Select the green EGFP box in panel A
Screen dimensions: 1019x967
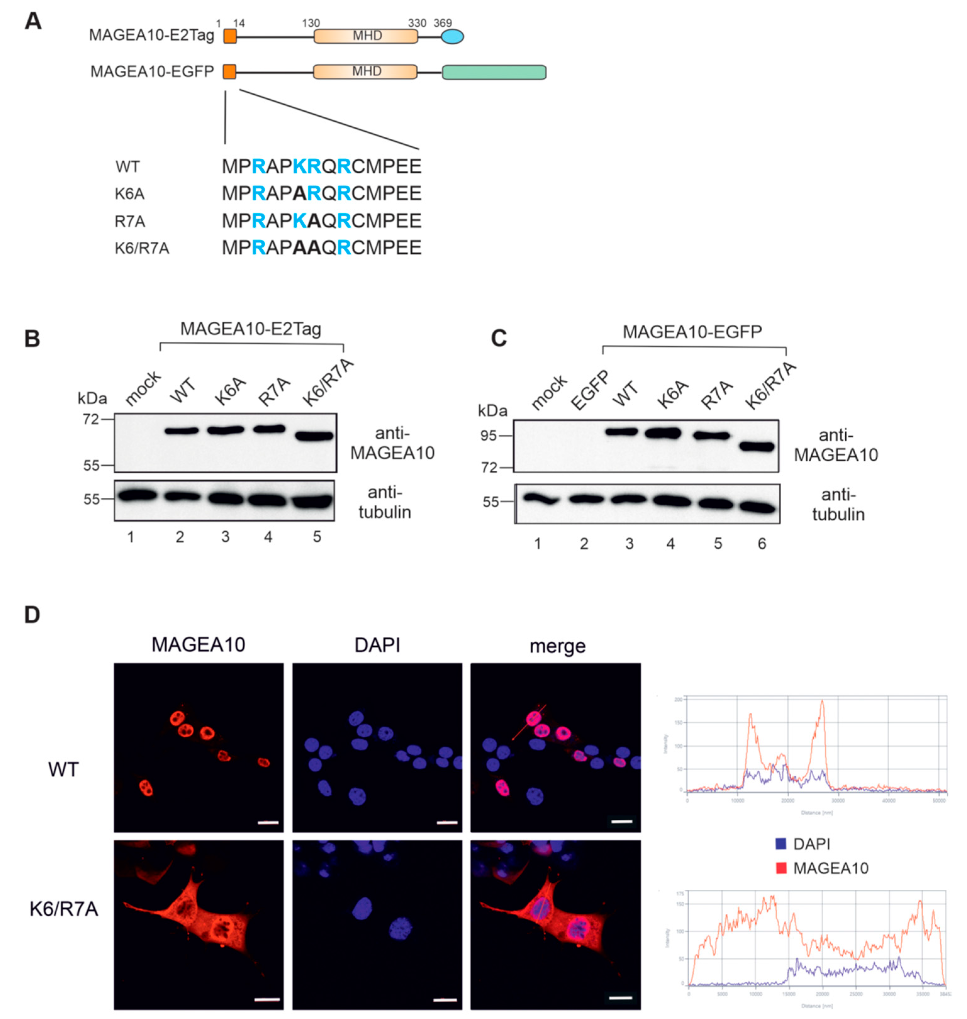[494, 72]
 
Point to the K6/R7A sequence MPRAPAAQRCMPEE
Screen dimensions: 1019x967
[322, 248]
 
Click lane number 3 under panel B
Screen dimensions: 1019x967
[225, 537]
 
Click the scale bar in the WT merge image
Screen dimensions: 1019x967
[622, 821]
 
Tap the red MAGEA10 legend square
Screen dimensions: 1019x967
[781, 868]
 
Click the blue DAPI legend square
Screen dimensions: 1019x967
[781, 844]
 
